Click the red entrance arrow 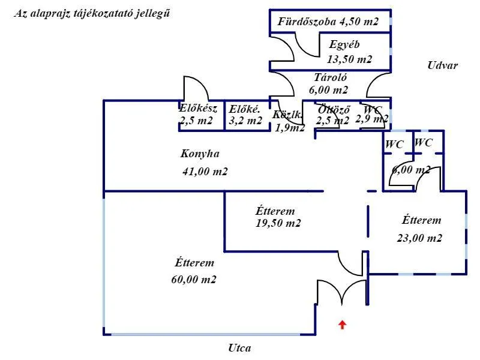tap(342, 325)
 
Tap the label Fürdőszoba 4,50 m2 tap(328, 22)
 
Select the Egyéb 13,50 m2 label tap(349, 52)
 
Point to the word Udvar tap(443, 65)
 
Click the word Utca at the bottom tap(239, 348)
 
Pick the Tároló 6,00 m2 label tap(329, 84)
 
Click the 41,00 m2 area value tap(205, 172)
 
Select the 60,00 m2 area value tap(194, 280)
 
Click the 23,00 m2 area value tap(419, 238)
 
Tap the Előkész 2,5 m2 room tap(196, 115)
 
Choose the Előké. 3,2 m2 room tap(245, 115)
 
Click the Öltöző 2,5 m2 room tap(333, 115)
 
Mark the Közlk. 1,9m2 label tap(288, 121)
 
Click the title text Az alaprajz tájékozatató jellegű tap(91, 13)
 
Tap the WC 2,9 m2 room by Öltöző tap(372, 114)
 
